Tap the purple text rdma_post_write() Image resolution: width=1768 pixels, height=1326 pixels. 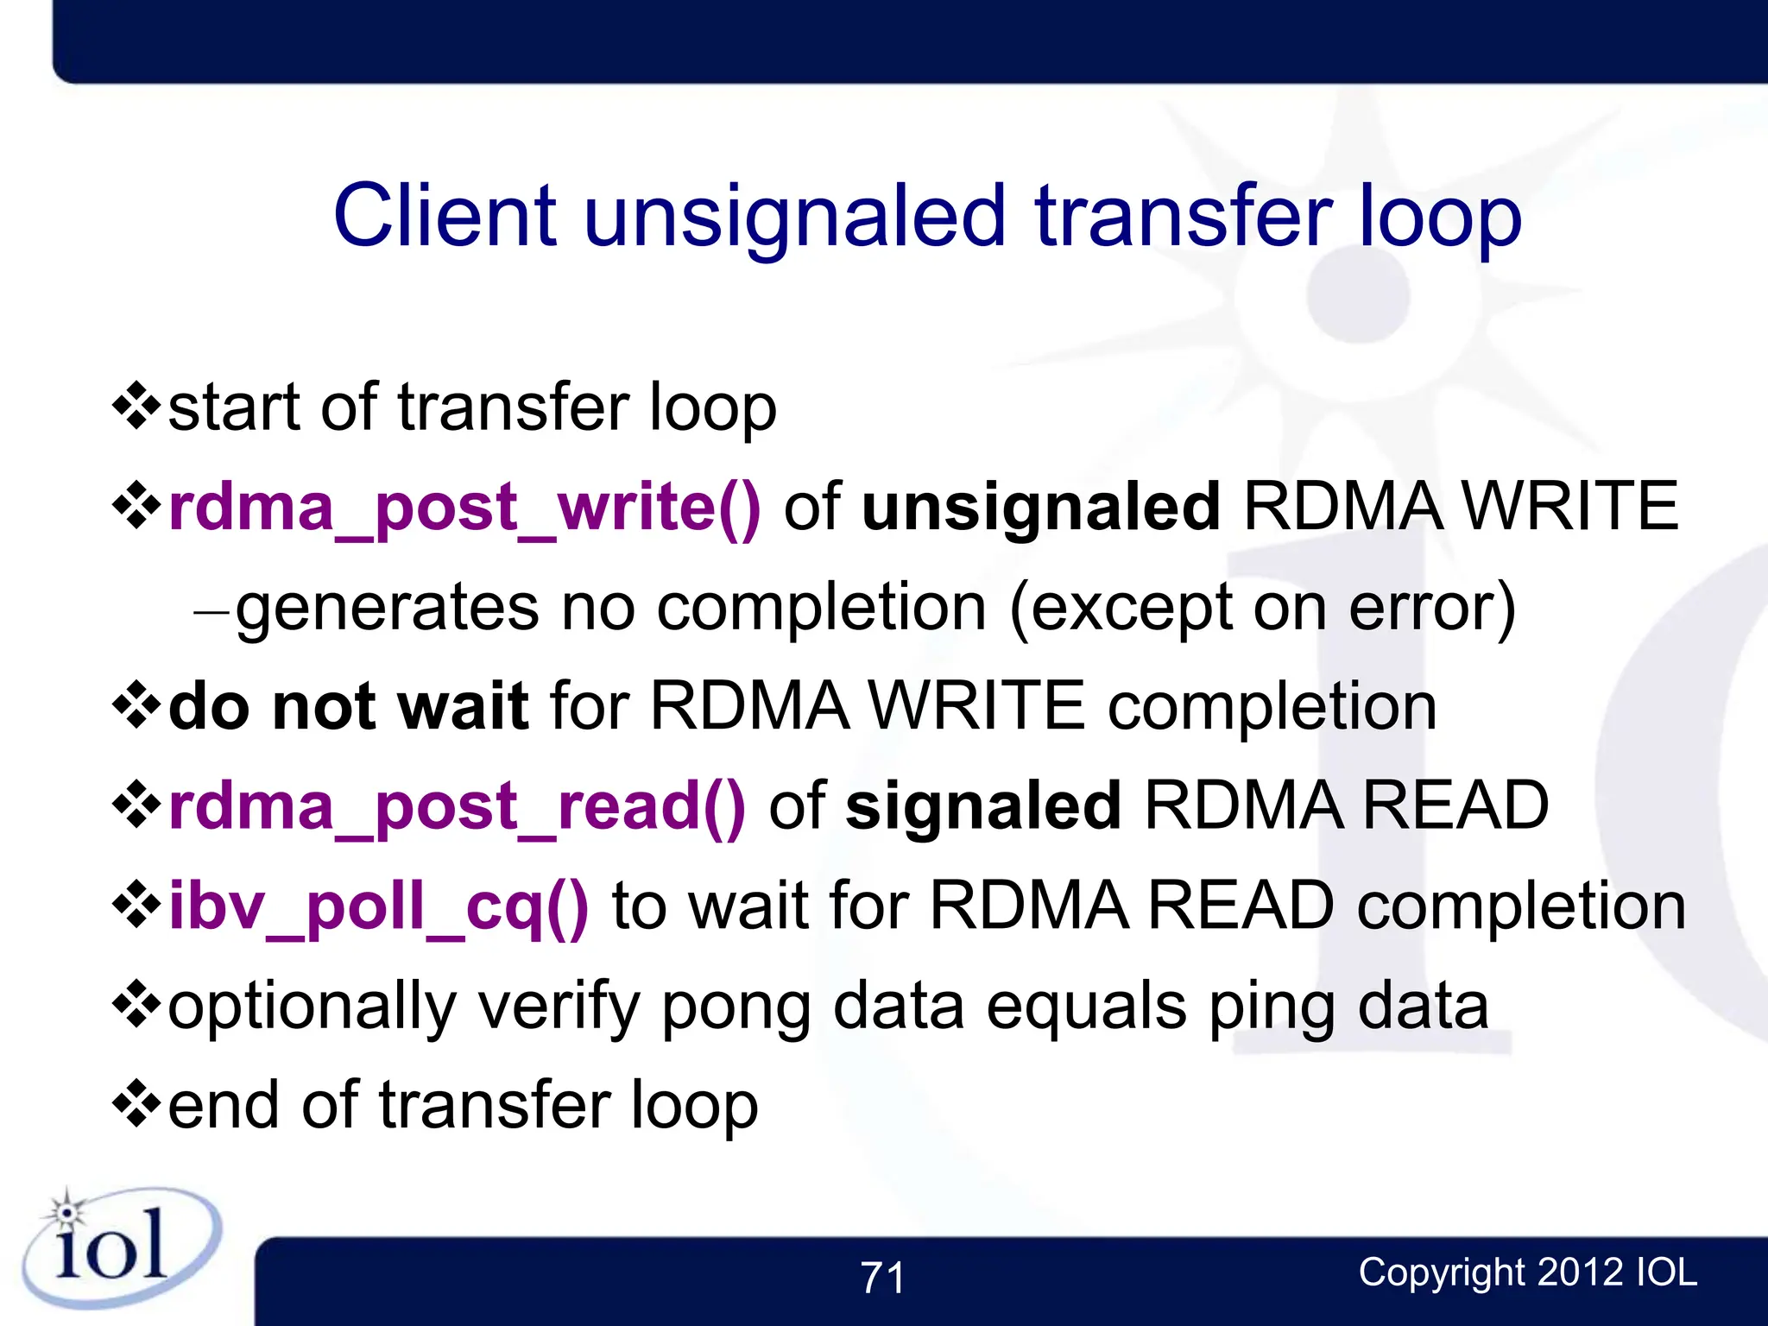[x=464, y=508]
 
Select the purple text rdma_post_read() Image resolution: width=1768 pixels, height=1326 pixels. [x=457, y=806]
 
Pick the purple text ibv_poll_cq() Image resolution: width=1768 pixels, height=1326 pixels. [x=378, y=906]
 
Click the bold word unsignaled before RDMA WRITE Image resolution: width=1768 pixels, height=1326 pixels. [x=1040, y=508]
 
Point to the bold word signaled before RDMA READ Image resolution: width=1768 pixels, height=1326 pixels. [x=983, y=806]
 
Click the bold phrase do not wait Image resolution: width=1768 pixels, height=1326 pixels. [x=348, y=707]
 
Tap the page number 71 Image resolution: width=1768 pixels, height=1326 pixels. [x=882, y=1278]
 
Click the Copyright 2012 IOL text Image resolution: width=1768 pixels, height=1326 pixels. [x=1527, y=1272]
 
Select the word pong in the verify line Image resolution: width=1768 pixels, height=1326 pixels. [x=736, y=1007]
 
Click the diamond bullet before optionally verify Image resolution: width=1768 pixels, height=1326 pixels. [x=136, y=1006]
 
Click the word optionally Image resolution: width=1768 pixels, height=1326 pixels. [x=311, y=1007]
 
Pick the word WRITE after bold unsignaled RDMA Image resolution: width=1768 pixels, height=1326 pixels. [x=1571, y=508]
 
